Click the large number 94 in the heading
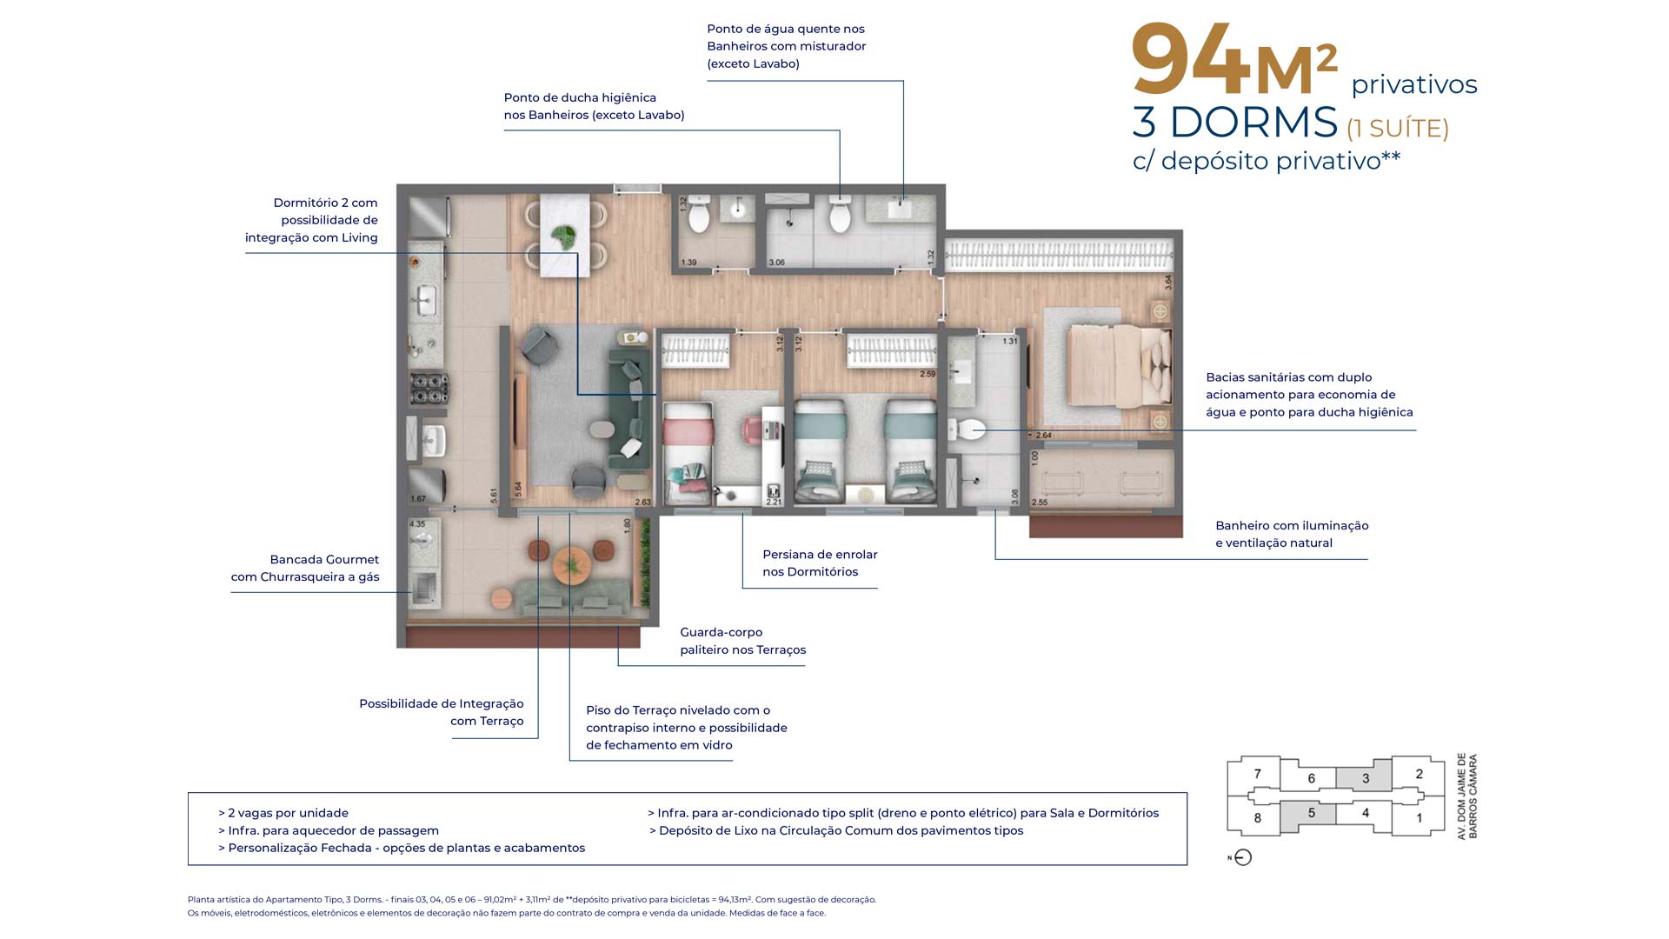[1191, 61]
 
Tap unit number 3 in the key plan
[1366, 778]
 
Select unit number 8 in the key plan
[1257, 818]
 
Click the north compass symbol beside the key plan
[1243, 857]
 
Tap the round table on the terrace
[571, 564]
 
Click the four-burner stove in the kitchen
[429, 388]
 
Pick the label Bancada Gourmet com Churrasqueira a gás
[305, 568]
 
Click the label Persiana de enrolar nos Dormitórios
[819, 563]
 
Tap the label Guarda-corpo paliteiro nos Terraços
[742, 641]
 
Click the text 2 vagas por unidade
[287, 813]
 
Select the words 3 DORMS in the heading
[1234, 123]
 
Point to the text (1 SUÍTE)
[1397, 129]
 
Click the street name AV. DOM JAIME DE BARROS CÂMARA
[1467, 796]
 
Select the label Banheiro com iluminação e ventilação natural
[1291, 534]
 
